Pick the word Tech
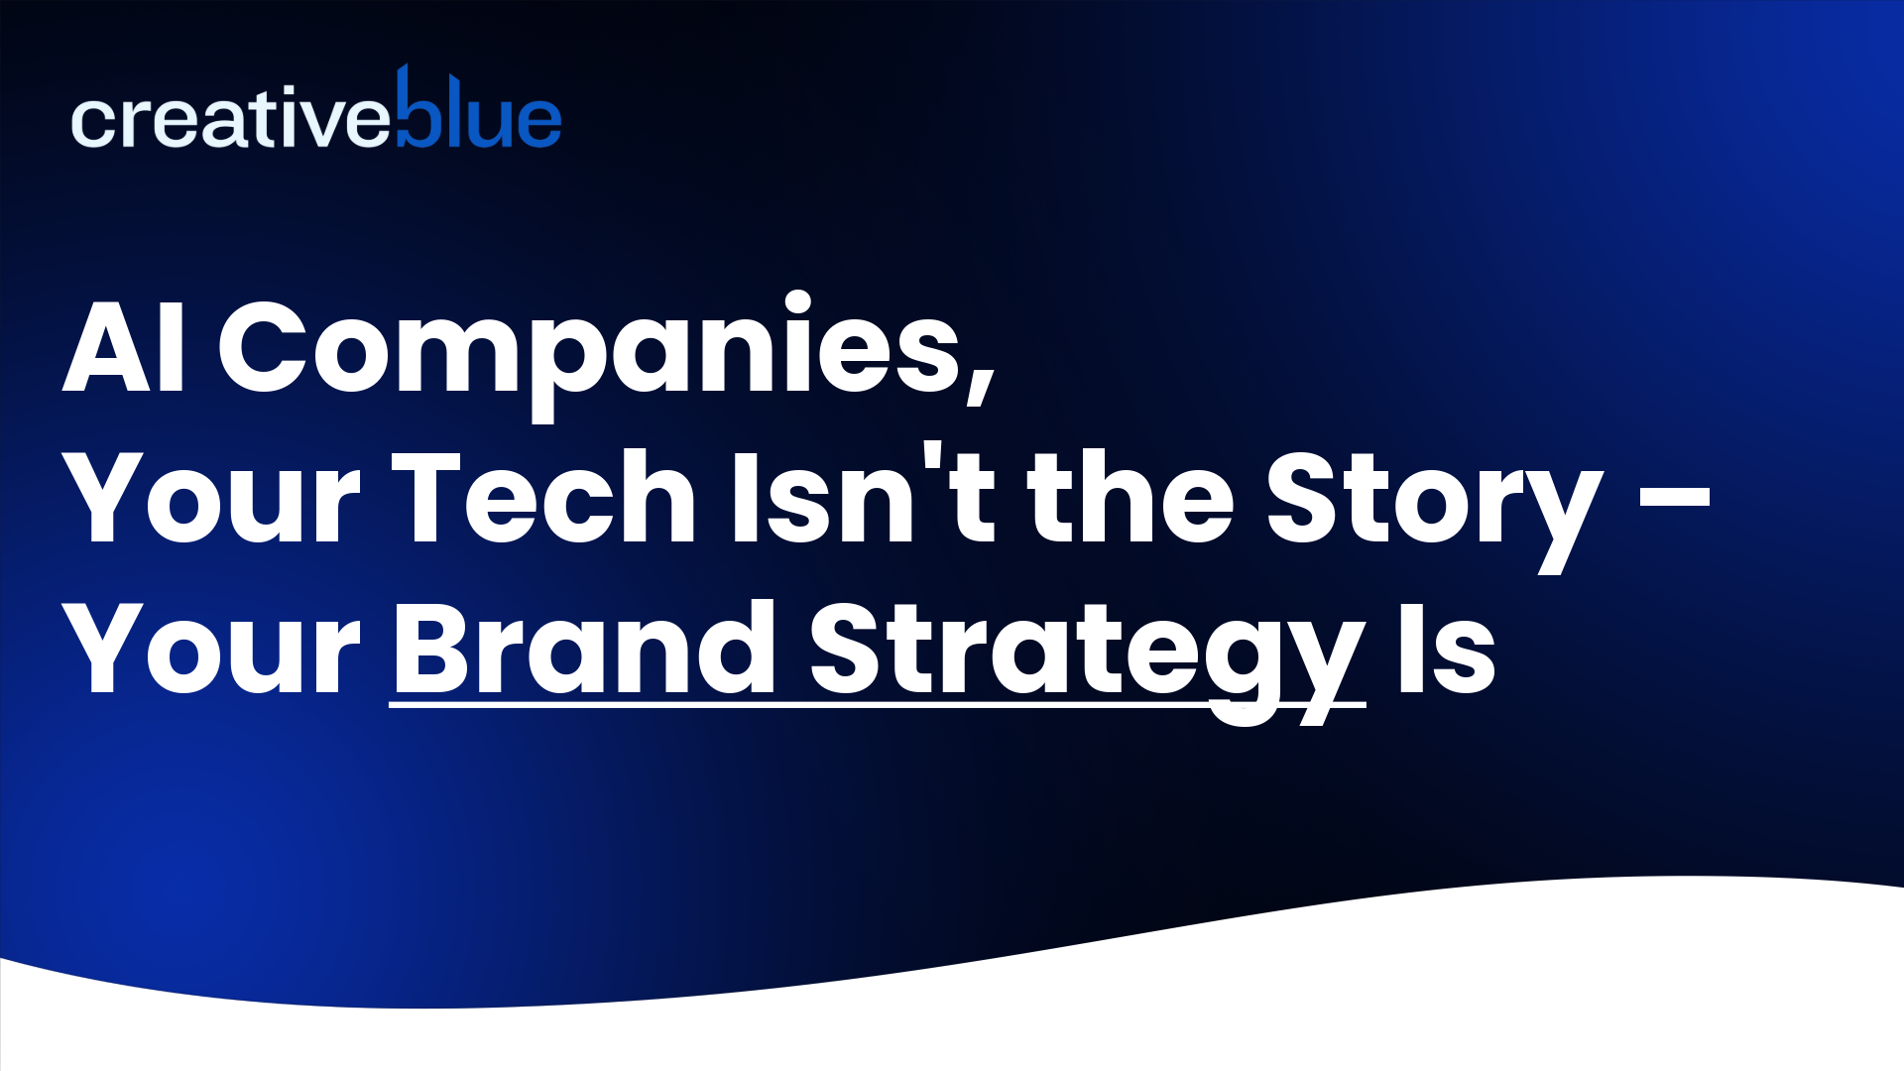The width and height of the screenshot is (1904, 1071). (x=544, y=499)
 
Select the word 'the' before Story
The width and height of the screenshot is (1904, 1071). (x=1130, y=499)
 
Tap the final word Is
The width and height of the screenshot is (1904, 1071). (x=1446, y=650)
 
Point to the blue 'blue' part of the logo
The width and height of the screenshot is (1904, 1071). (x=479, y=114)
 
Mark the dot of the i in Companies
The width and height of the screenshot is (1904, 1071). (x=798, y=300)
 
